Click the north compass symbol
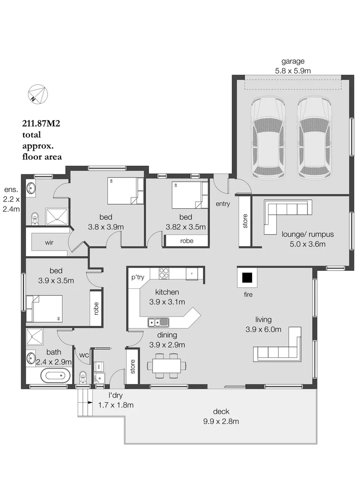(x=38, y=93)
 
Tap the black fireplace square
(x=247, y=278)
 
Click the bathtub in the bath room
(x=56, y=375)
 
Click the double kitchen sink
(x=158, y=323)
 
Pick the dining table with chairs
(x=166, y=365)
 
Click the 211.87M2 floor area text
(x=41, y=123)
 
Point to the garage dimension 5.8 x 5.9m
(x=293, y=70)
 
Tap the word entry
(x=223, y=204)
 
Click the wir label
(x=49, y=242)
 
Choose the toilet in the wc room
(x=83, y=377)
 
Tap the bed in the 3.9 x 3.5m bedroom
(x=44, y=308)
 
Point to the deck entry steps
(x=84, y=403)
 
